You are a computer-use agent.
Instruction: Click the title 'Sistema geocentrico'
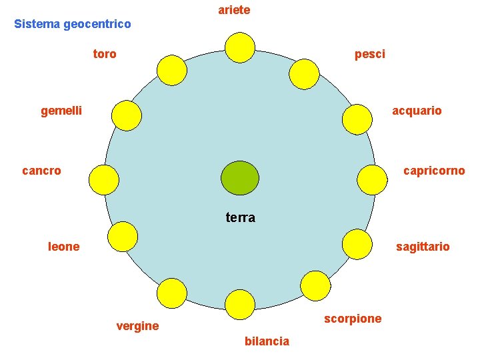click(x=72, y=24)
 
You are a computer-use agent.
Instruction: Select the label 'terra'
click(x=240, y=217)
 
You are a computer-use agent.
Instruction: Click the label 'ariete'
click(x=234, y=10)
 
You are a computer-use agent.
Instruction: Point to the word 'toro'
click(x=105, y=54)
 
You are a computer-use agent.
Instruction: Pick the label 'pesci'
click(x=369, y=54)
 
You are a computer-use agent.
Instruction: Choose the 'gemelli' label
click(x=61, y=111)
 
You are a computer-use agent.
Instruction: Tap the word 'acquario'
click(x=417, y=111)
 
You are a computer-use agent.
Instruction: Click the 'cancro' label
click(x=41, y=171)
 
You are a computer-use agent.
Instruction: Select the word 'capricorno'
click(x=434, y=171)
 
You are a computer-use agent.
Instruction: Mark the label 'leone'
click(x=64, y=247)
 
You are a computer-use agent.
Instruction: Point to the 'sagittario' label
click(x=423, y=247)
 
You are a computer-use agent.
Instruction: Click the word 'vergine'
click(x=137, y=326)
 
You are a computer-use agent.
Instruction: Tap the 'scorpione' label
click(x=353, y=319)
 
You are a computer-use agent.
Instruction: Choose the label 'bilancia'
click(x=267, y=341)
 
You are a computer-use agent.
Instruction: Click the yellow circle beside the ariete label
click(x=239, y=47)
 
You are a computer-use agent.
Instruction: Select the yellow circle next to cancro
click(x=104, y=179)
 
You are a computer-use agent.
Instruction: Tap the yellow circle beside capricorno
click(x=373, y=179)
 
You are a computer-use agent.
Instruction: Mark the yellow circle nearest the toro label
click(x=172, y=70)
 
